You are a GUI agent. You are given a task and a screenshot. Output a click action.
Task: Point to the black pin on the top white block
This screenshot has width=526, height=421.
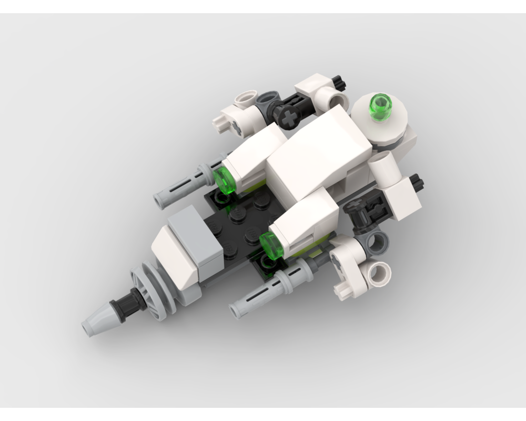click(338, 82)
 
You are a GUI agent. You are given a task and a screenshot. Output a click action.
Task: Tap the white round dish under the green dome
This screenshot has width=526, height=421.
click(379, 118)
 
